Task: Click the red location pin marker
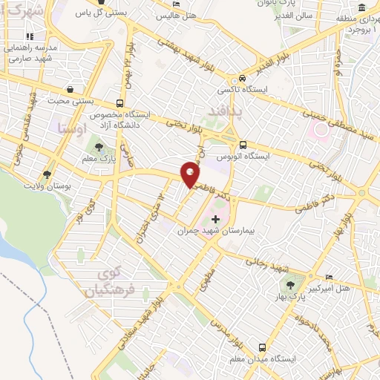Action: click(x=191, y=175)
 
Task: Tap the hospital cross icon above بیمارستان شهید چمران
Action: click(x=216, y=220)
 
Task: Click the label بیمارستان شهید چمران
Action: click(x=216, y=231)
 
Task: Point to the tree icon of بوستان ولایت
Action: click(x=47, y=174)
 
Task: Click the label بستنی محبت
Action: click(x=68, y=100)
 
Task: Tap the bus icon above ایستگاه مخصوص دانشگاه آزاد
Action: click(x=120, y=104)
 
